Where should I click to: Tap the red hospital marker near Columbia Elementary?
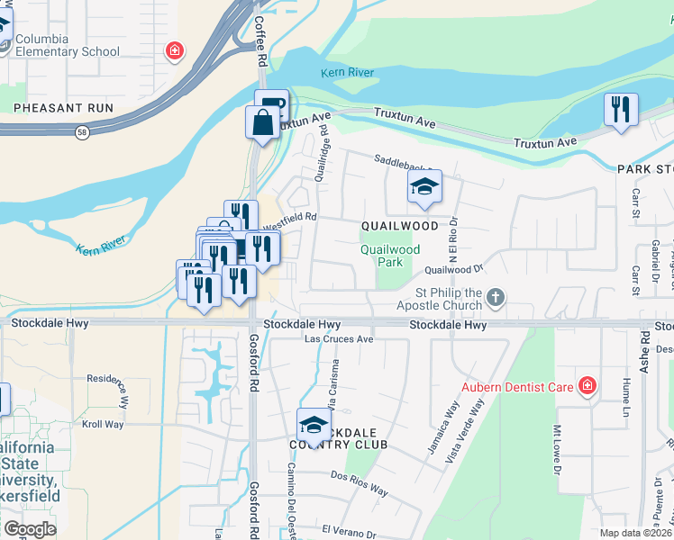click(x=174, y=50)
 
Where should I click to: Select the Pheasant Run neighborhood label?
click(x=63, y=107)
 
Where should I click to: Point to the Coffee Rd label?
click(x=261, y=40)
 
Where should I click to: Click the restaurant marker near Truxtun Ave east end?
click(x=621, y=110)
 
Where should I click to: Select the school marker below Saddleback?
click(x=424, y=187)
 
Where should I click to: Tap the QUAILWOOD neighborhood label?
click(x=400, y=226)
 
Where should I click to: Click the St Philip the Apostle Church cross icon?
click(x=495, y=297)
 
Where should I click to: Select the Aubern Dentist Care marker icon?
click(x=587, y=387)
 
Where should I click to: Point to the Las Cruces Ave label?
click(x=339, y=339)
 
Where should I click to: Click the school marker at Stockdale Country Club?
click(x=314, y=425)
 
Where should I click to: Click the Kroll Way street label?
click(x=103, y=424)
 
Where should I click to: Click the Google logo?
click(x=30, y=529)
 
